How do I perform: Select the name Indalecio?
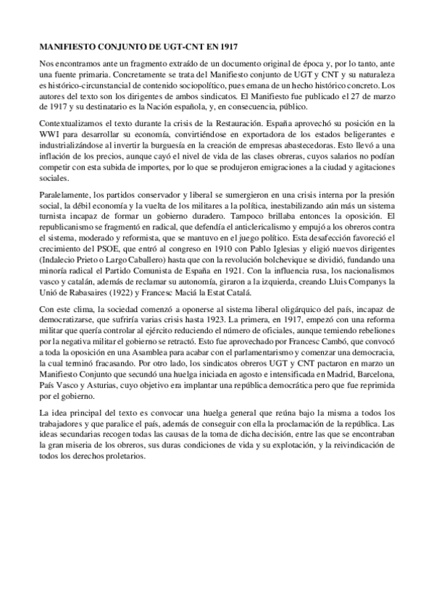click(60, 258)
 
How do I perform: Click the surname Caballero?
click(165, 258)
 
